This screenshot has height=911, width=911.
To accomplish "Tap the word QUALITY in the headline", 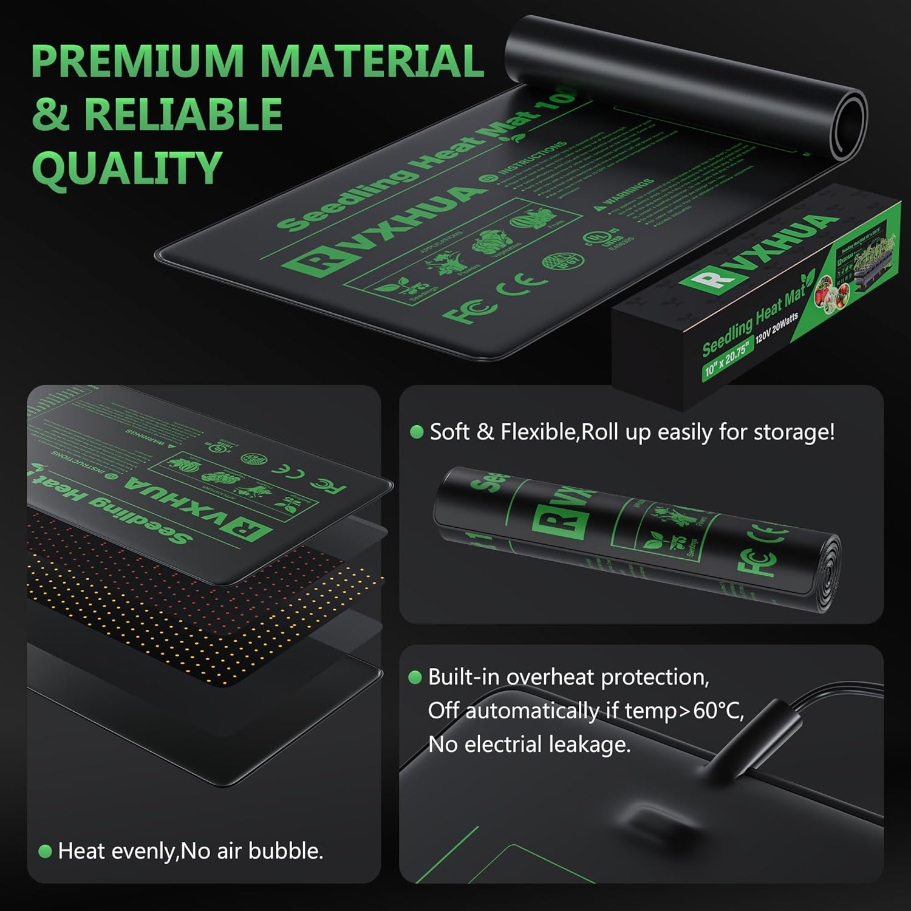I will tap(127, 168).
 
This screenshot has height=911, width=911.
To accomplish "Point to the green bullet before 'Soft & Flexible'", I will tap(417, 432).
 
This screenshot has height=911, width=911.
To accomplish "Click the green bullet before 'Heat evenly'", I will tap(44, 851).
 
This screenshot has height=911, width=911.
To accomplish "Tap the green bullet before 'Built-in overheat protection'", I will tap(415, 677).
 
